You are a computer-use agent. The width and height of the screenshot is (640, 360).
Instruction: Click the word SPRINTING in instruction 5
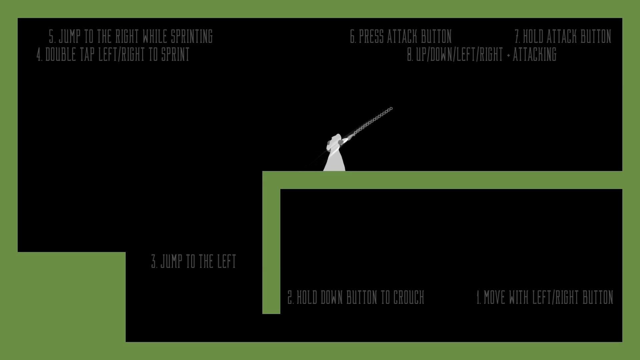click(192, 36)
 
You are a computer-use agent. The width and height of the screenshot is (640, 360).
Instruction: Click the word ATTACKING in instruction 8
click(535, 54)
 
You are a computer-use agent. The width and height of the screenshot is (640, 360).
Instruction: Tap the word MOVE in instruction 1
click(494, 297)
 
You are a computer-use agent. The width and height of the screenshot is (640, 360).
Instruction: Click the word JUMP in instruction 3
click(171, 261)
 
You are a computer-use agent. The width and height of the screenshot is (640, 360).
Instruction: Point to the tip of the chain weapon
click(391, 108)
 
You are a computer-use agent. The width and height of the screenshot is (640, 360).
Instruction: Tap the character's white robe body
click(334, 159)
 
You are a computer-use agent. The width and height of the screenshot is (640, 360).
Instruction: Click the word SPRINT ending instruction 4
click(175, 54)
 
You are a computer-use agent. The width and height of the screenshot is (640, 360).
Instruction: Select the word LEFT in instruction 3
click(227, 261)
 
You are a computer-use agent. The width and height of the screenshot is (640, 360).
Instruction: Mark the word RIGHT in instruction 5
click(127, 36)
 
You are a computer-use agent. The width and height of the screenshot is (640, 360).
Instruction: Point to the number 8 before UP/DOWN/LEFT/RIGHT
click(410, 54)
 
